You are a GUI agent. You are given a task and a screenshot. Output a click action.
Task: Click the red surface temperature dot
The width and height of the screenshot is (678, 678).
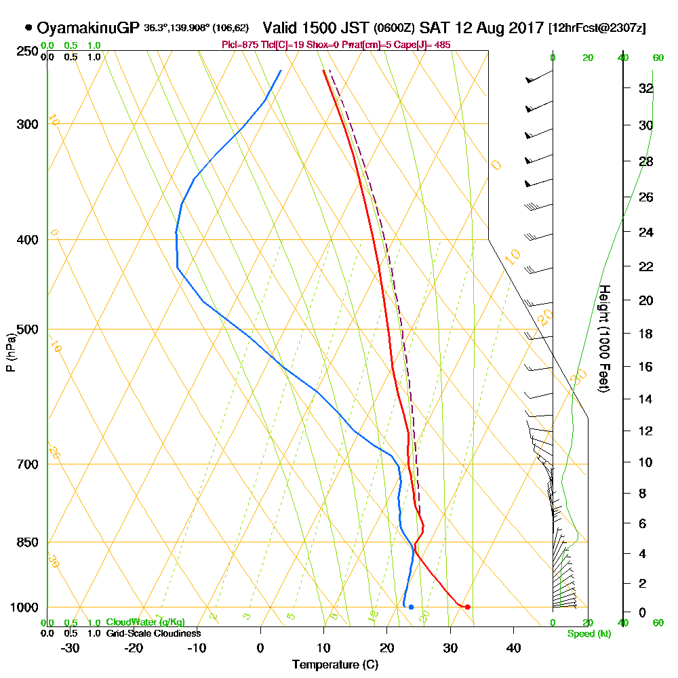(x=467, y=607)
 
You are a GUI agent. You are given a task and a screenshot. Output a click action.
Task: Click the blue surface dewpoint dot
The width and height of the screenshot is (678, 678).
(x=411, y=607)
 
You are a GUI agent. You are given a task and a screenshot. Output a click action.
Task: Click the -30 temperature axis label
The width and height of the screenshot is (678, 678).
(x=71, y=647)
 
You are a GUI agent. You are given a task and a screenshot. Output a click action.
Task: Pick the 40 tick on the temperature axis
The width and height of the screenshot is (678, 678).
(x=513, y=647)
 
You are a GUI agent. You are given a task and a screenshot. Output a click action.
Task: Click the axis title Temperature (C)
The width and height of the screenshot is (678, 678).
(x=335, y=664)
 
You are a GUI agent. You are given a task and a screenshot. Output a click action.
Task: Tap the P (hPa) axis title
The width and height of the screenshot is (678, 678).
(x=10, y=353)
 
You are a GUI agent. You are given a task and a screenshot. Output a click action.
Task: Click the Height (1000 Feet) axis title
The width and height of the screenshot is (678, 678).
(x=603, y=338)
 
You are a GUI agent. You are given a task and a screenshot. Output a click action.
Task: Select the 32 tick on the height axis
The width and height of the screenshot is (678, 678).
(x=646, y=88)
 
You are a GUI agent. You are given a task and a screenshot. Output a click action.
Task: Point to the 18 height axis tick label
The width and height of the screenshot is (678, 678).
(x=646, y=334)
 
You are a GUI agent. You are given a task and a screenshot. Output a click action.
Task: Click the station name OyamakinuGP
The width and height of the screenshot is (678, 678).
(x=88, y=28)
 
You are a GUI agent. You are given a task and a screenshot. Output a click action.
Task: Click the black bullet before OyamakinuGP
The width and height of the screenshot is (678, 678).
(x=28, y=28)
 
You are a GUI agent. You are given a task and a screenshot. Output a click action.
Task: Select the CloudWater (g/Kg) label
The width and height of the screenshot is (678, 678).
(x=145, y=622)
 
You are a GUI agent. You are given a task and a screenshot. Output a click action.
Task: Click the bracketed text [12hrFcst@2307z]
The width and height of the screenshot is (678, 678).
(x=599, y=28)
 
